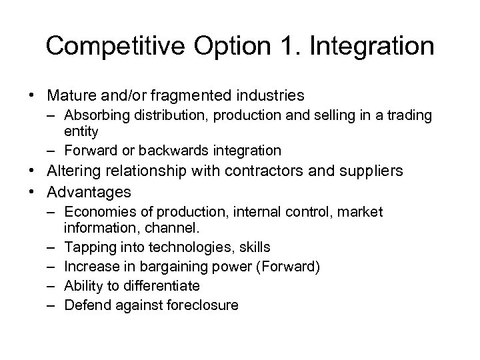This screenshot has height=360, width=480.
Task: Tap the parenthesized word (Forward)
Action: point(291,267)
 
